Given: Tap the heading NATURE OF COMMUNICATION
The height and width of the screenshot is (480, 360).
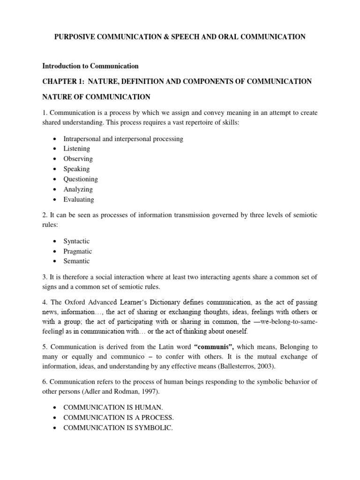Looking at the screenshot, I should [x=96, y=97].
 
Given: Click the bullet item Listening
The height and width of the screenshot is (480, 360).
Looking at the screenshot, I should [x=76, y=149].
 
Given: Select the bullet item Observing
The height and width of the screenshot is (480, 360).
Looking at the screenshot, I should [x=78, y=159].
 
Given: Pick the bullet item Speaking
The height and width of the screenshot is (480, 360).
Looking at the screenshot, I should [x=76, y=169].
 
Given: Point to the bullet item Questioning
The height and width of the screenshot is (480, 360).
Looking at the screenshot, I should [x=81, y=179].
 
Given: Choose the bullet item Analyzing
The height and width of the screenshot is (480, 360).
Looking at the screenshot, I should [x=78, y=189].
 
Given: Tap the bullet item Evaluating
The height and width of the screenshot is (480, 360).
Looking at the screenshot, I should [x=79, y=199].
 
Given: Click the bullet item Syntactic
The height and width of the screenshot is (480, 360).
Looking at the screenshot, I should [x=76, y=241].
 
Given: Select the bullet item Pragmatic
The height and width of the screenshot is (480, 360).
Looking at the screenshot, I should [x=78, y=251].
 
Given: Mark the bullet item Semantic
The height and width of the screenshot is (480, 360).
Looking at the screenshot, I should [x=76, y=261].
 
